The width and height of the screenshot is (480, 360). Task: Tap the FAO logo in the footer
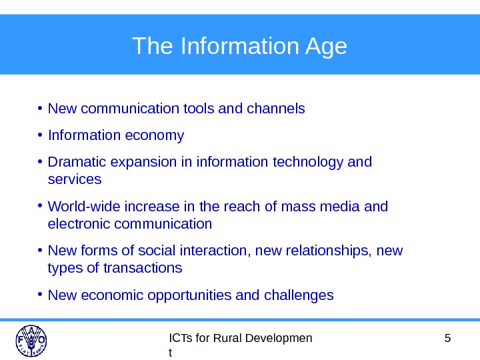[x=31, y=341]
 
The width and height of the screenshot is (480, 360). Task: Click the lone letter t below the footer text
[x=171, y=353]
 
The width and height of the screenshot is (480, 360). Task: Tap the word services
[x=75, y=179]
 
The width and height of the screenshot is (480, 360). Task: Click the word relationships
[x=333, y=251]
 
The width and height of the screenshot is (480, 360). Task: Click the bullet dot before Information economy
[x=41, y=135]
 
